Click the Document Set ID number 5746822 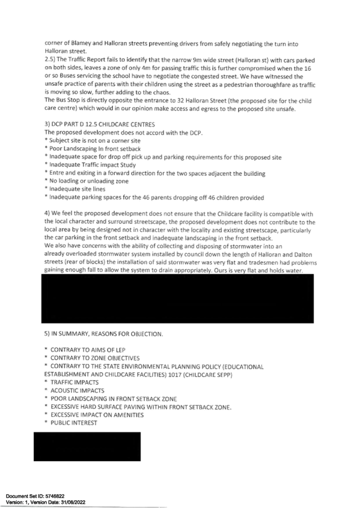click(53, 496)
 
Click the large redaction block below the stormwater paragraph click(177, 298)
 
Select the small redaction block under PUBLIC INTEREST click(87, 446)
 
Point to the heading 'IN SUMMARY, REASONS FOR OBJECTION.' click(107, 334)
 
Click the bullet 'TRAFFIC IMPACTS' click(75, 383)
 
